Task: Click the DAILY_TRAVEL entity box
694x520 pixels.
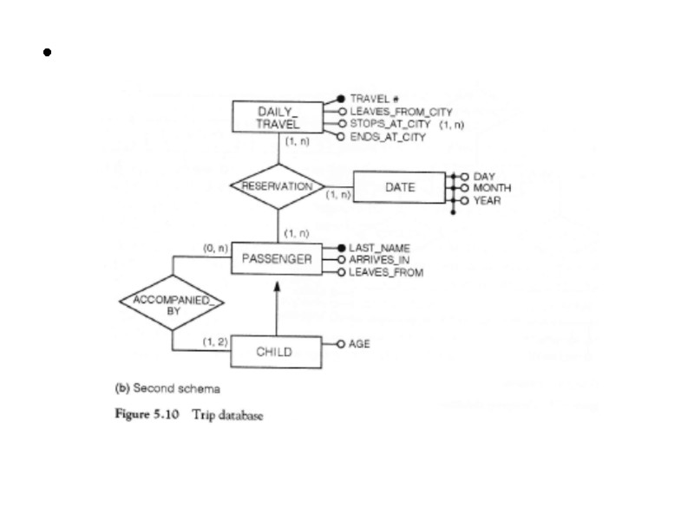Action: point(278,118)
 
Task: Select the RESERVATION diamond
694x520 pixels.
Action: point(277,186)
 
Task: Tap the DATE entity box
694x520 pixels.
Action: point(399,186)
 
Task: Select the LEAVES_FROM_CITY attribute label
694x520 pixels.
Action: point(400,112)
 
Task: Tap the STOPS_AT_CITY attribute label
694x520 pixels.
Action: point(390,124)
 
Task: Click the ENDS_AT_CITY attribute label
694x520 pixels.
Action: point(388,137)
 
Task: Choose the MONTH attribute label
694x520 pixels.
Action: point(492,188)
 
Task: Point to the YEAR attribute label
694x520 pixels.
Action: point(487,200)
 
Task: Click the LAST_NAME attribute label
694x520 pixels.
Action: point(379,248)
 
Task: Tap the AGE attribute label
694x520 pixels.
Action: point(359,344)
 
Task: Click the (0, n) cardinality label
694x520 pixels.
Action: point(215,248)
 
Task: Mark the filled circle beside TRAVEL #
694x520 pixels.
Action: point(341,99)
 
